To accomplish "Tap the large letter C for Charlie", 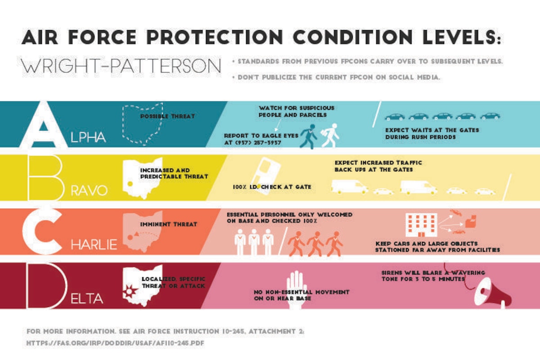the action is pos(29,231).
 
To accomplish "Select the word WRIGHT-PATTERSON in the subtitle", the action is pos(121,66).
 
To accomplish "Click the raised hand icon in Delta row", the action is pos(296,289).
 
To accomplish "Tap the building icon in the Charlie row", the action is pos(421,225).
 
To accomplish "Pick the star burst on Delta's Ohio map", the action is pos(129,291).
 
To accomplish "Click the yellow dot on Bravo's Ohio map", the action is pos(130,184).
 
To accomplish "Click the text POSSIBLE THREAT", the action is pos(167,116).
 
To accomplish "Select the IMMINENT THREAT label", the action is pos(169,224).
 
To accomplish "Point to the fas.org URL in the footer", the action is pos(115,343).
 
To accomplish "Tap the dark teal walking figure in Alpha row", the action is pos(309,136).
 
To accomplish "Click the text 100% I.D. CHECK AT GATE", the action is pos(272,187).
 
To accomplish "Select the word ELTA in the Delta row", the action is pos(87,299).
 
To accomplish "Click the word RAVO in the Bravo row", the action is pos(89,191).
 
